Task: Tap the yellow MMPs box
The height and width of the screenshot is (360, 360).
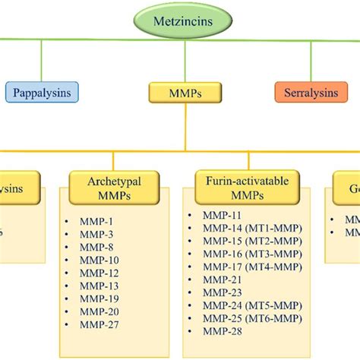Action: [179, 93]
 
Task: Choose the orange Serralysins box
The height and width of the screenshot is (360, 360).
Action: [311, 93]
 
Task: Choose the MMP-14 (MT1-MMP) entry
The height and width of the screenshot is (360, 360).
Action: [247, 229]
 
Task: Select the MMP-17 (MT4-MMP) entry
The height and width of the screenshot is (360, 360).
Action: [247, 266]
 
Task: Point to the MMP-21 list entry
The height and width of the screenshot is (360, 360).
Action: [220, 279]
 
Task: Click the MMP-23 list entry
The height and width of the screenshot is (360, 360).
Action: [220, 291]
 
